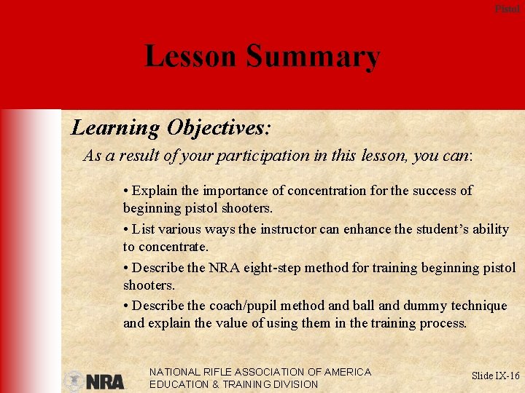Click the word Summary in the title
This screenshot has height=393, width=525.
tap(313, 57)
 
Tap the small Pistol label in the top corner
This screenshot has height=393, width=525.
tap(507, 9)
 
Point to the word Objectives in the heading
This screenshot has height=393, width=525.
tap(218, 129)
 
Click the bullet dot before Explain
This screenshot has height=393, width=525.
tap(126, 191)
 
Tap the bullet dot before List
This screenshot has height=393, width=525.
tap(126, 229)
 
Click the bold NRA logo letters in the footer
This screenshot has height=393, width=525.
tap(105, 381)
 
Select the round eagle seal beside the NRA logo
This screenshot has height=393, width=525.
tap(74, 381)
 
